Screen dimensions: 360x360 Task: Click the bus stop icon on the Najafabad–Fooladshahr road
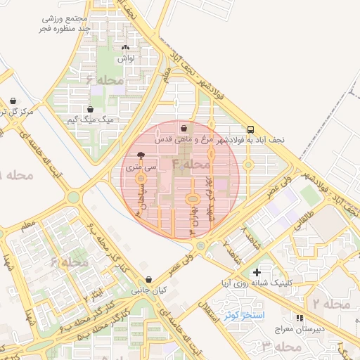point(251,129)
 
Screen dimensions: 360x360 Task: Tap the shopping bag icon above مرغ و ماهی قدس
point(184,129)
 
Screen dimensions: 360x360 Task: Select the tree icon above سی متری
point(141,155)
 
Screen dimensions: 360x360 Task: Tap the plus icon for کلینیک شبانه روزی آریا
point(256,272)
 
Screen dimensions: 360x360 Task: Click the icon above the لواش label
point(125,49)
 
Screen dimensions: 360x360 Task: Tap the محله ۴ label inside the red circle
point(192,165)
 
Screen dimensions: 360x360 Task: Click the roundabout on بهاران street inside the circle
point(191,200)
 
